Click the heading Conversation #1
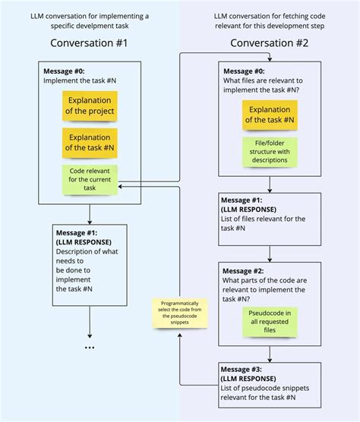[x=90, y=43]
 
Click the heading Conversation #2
[x=269, y=43]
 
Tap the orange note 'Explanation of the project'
[x=90, y=106]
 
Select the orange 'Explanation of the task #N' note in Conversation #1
[x=90, y=142]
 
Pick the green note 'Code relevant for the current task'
[x=90, y=179]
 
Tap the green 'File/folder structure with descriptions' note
[x=270, y=153]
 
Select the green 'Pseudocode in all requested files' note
[x=270, y=322]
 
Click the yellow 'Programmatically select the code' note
[x=181, y=313]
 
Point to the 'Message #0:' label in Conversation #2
[x=246, y=70]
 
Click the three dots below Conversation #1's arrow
[x=90, y=348]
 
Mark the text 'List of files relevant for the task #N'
[x=269, y=223]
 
